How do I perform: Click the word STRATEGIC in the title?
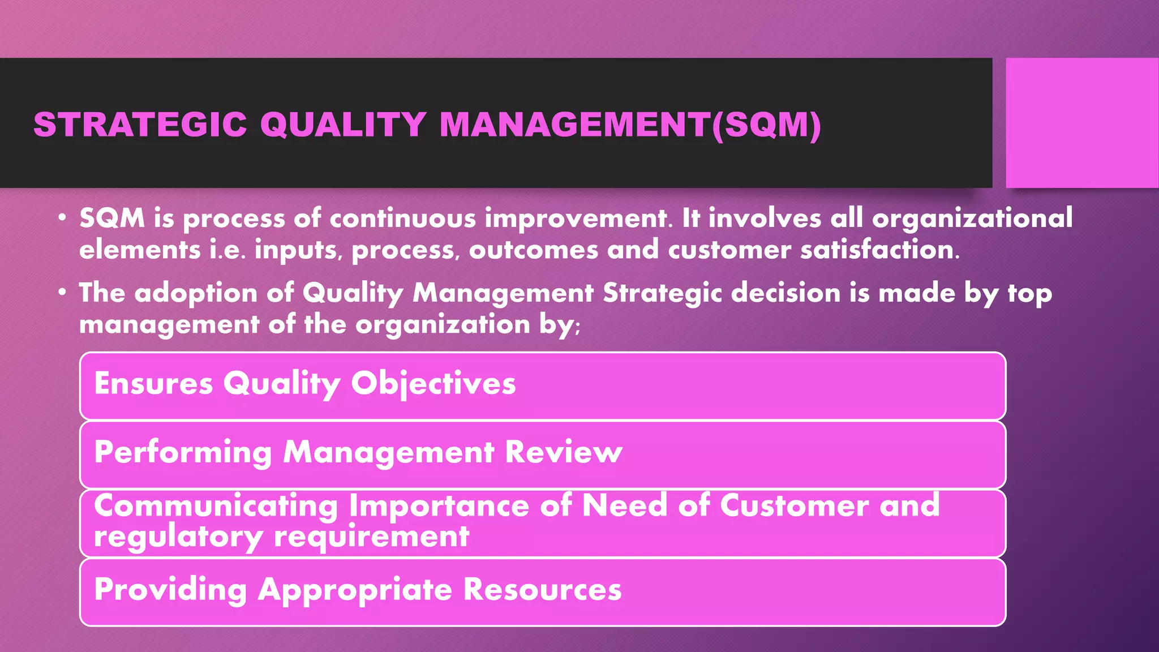pyautogui.click(x=140, y=125)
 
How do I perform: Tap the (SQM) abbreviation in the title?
pyautogui.click(x=766, y=125)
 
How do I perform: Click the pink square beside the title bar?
pyautogui.click(x=1081, y=122)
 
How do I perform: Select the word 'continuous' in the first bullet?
pyautogui.click(x=403, y=218)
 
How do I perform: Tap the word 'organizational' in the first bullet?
pyautogui.click(x=972, y=218)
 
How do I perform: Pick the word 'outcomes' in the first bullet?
pyautogui.click(x=533, y=250)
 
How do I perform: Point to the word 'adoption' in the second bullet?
pyautogui.click(x=196, y=293)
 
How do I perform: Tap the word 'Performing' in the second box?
pyautogui.click(x=183, y=452)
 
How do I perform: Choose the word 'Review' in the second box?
pyautogui.click(x=563, y=452)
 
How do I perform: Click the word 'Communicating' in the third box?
pyautogui.click(x=216, y=505)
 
